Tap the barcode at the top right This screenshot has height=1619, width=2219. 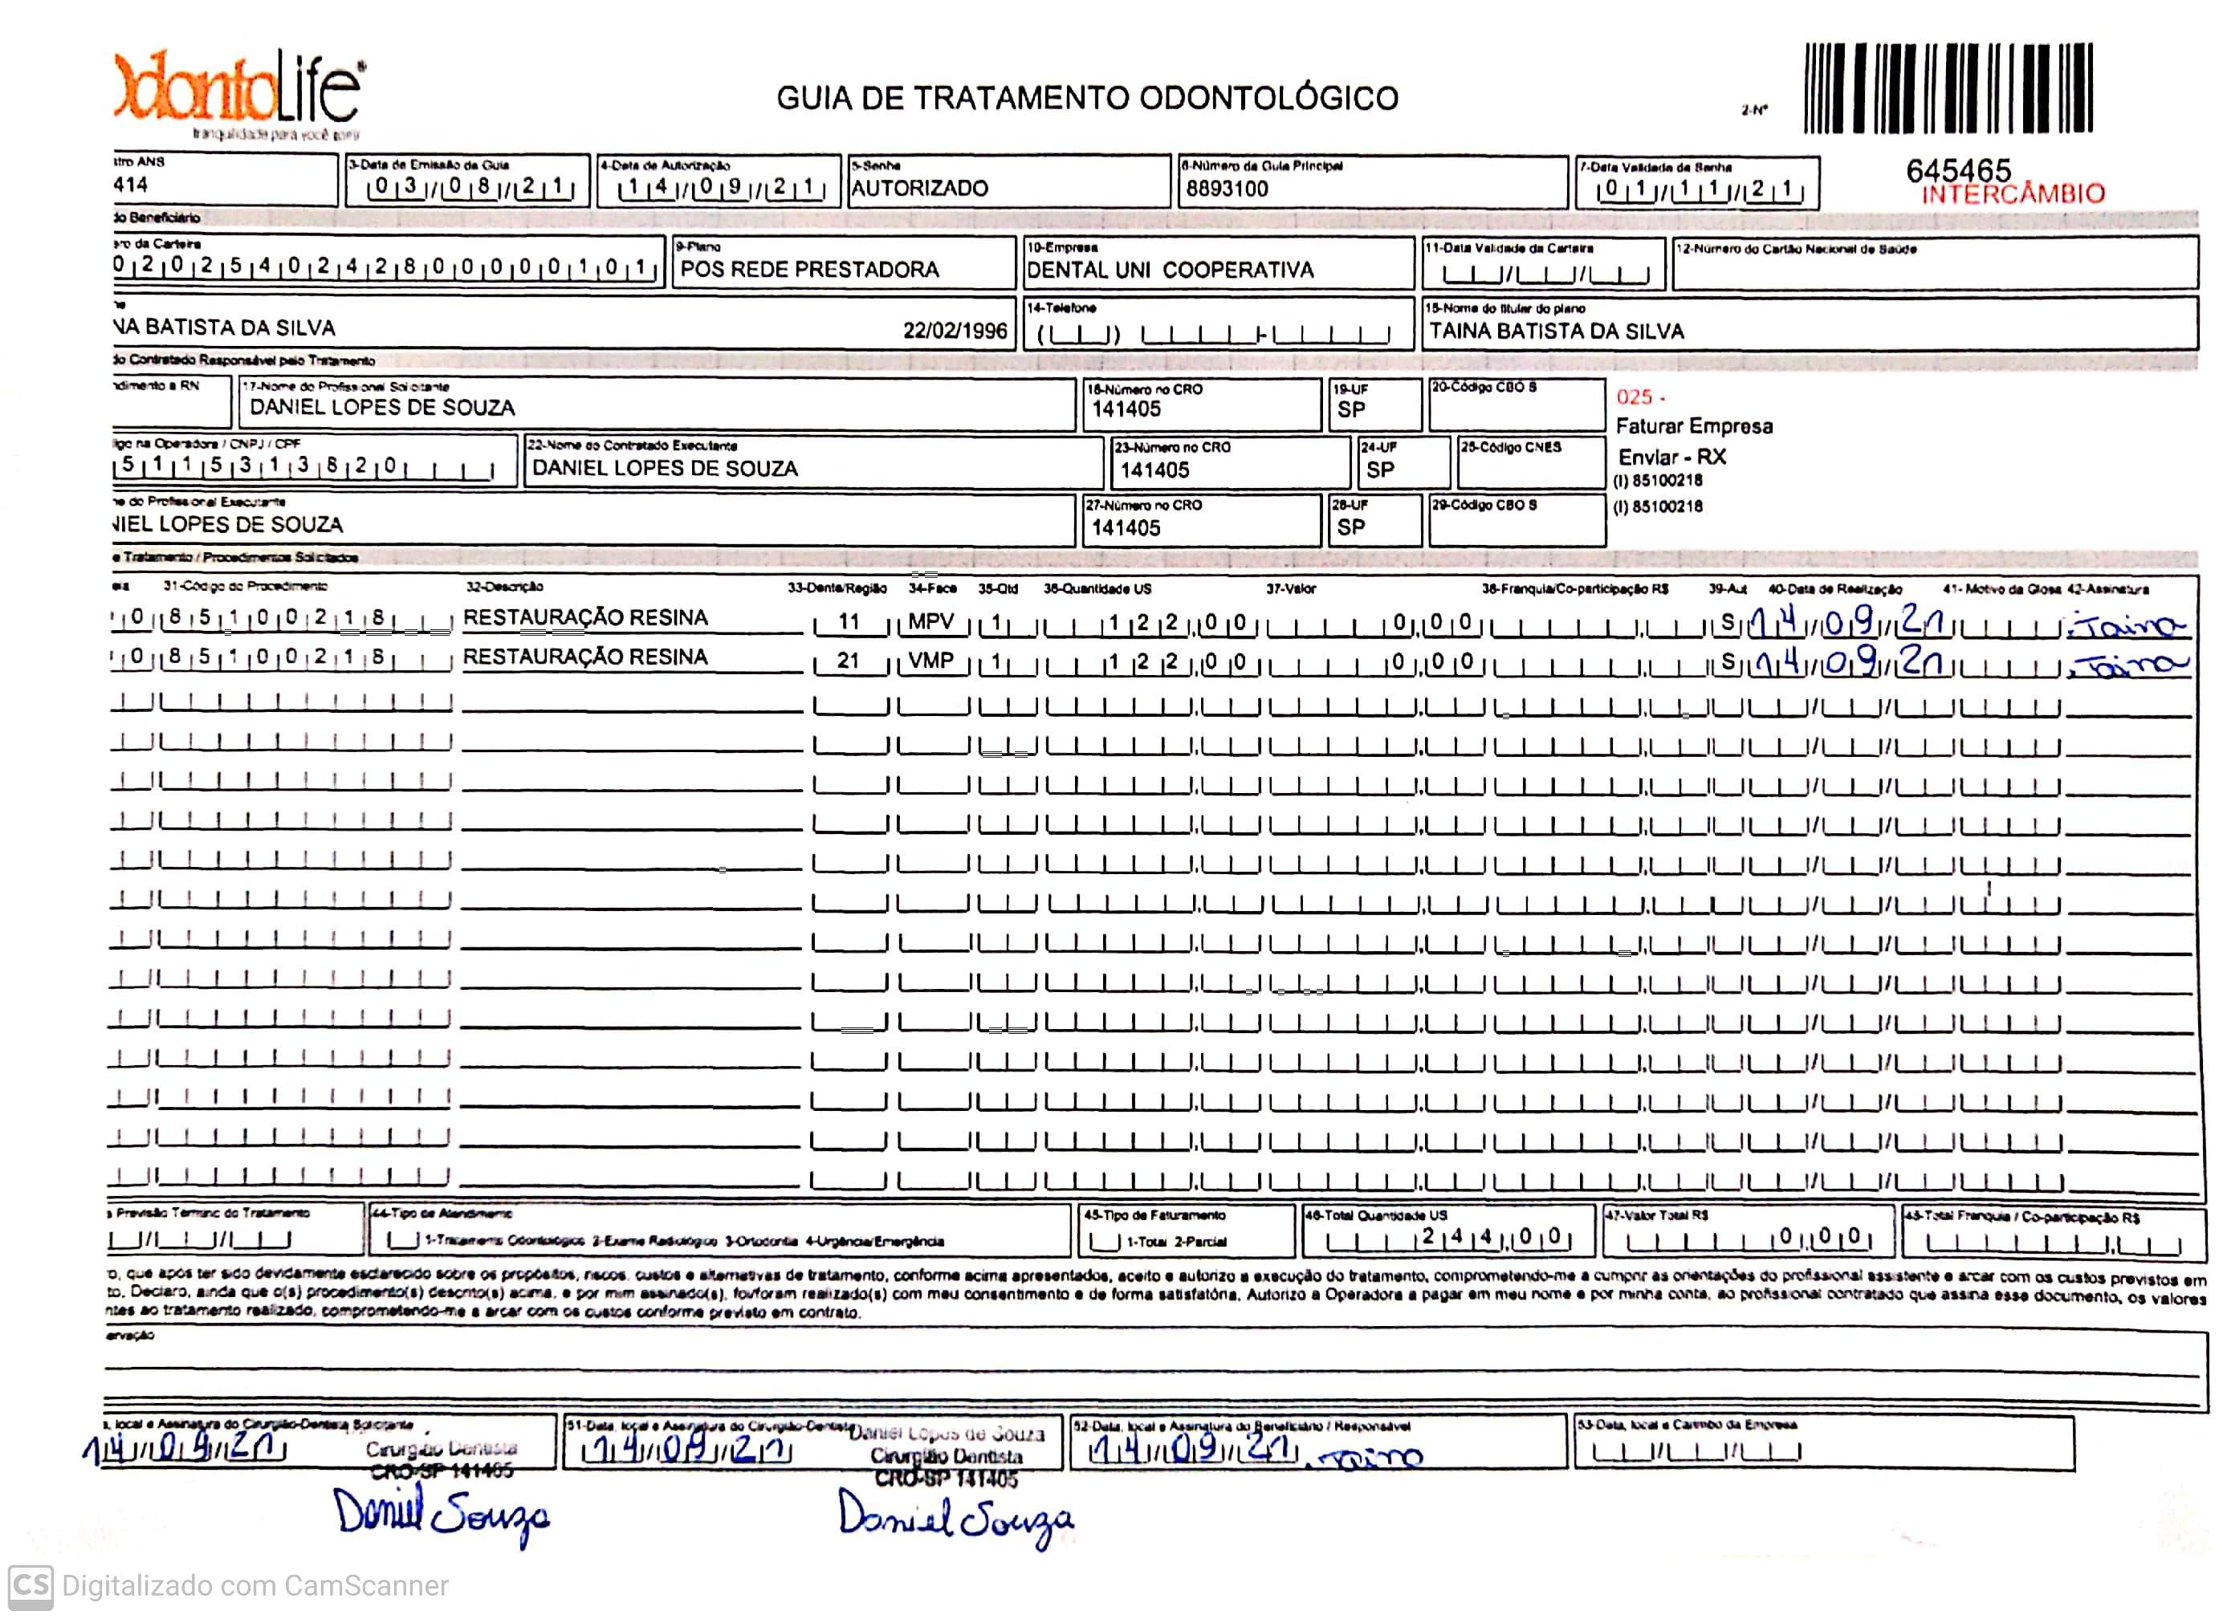[1948, 88]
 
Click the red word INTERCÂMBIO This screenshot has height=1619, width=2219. [2012, 194]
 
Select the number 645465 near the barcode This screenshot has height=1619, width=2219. [1957, 170]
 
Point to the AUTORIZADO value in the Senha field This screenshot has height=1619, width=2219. [919, 188]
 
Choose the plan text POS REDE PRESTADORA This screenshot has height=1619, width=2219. [809, 270]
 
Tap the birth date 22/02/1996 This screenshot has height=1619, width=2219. [955, 330]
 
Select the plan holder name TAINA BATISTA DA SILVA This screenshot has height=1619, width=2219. [1557, 332]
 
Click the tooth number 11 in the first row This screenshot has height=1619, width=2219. [849, 622]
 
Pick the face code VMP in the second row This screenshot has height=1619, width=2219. [930, 661]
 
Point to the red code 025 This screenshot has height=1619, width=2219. [1634, 397]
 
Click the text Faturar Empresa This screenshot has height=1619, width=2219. [1694, 426]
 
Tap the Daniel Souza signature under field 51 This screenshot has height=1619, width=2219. [955, 1518]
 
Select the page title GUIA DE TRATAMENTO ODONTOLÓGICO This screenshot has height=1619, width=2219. [1087, 98]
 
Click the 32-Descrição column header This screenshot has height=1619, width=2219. [504, 587]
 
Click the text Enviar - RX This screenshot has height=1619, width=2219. [1671, 457]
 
